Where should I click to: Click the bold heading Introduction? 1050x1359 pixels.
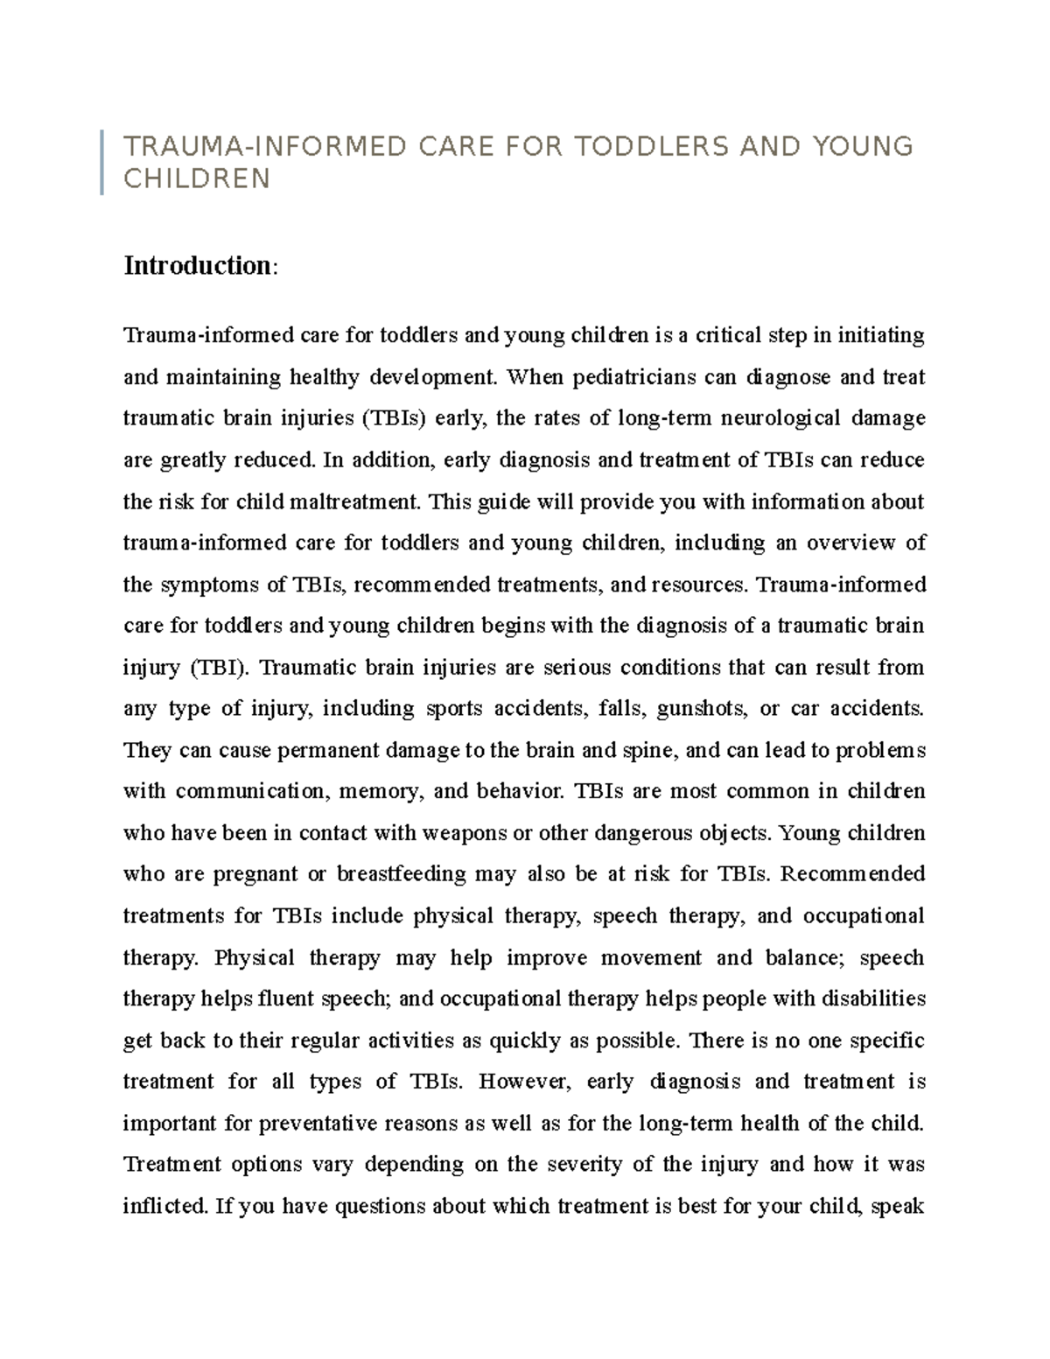(197, 265)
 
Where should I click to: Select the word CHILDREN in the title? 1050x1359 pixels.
(197, 179)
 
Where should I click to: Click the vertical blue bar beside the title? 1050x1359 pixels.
(102, 162)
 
